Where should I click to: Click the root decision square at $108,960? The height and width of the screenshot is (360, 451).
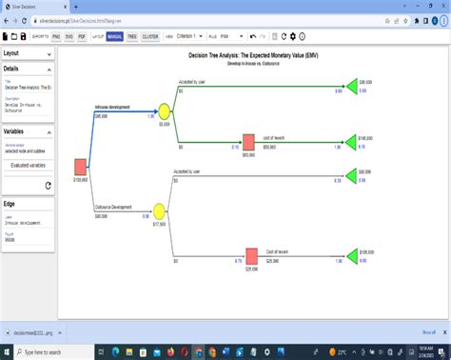coord(81,168)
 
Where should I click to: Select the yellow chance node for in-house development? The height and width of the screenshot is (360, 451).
coord(164,111)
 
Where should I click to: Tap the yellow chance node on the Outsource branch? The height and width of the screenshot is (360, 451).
coord(159,210)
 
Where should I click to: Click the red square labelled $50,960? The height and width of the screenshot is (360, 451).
coord(248,141)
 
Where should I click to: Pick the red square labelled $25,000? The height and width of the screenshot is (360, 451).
coord(251,255)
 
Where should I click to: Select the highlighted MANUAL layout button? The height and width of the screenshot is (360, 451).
coord(114,36)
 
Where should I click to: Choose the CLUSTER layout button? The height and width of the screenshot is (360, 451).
coord(150,36)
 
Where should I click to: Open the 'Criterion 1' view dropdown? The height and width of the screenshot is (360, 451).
coord(188,36)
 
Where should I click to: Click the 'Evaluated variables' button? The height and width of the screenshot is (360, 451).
coord(28,165)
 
